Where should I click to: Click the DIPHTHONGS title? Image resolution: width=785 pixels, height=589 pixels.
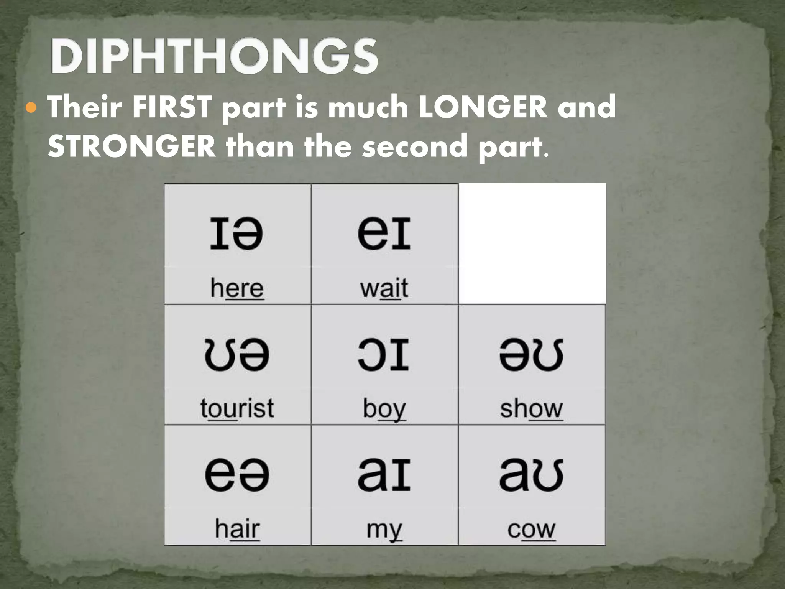[214, 57]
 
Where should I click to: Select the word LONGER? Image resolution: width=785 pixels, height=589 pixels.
[483, 107]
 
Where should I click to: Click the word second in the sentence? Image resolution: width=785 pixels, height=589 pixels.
[415, 146]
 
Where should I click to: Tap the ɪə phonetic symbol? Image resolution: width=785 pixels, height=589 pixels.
[236, 233]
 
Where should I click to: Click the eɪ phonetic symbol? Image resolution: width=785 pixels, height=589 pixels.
[384, 233]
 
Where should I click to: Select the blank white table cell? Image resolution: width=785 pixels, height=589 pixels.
[532, 244]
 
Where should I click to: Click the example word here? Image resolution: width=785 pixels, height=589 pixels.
[237, 288]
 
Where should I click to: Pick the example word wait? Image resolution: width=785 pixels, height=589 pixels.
[384, 288]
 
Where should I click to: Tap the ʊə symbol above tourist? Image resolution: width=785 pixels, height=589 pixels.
[237, 354]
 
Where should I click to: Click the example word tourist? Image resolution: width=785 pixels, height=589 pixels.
[237, 408]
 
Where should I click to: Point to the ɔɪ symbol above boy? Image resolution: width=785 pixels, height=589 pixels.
[384, 354]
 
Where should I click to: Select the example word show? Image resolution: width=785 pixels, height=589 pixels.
[531, 408]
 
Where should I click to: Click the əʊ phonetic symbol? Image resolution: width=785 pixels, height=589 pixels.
[531, 354]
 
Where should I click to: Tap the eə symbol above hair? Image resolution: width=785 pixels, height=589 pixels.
[237, 474]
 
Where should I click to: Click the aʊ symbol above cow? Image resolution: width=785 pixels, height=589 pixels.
[531, 474]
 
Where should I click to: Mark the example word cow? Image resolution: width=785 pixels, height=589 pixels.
[531, 529]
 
